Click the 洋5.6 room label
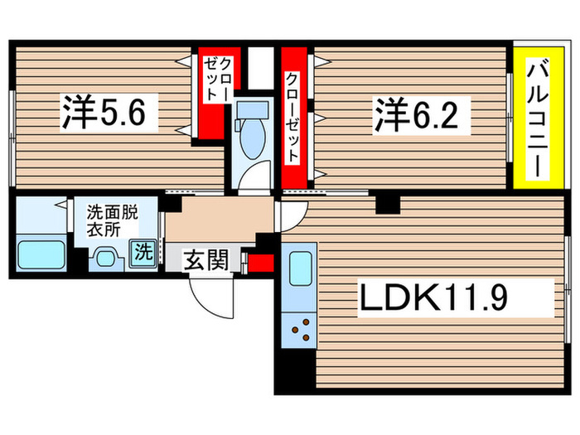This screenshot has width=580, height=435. [x=109, y=114]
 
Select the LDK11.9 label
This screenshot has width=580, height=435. [x=455, y=298]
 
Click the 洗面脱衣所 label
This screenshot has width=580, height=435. [x=112, y=220]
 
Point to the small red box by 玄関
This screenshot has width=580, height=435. [x=262, y=263]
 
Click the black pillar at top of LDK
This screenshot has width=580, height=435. [x=386, y=203]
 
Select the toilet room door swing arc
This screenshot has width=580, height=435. [x=258, y=175]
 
